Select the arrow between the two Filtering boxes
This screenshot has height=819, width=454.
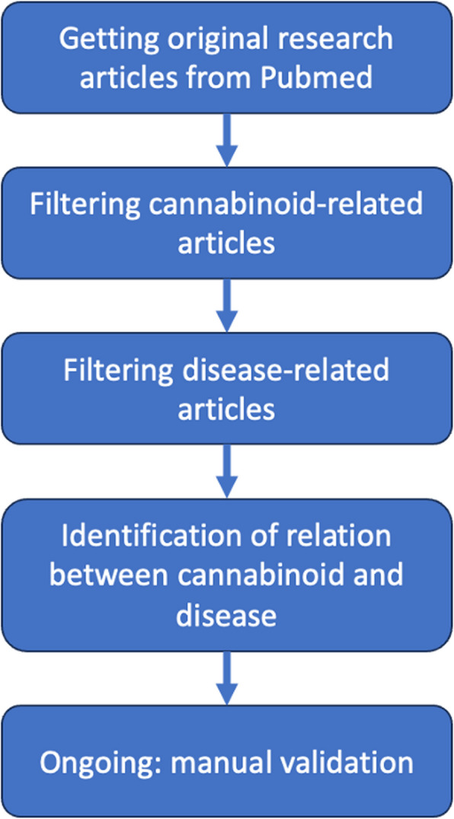[226, 304]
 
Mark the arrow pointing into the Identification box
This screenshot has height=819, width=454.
[226, 470]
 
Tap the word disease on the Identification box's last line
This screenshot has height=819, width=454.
[225, 614]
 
